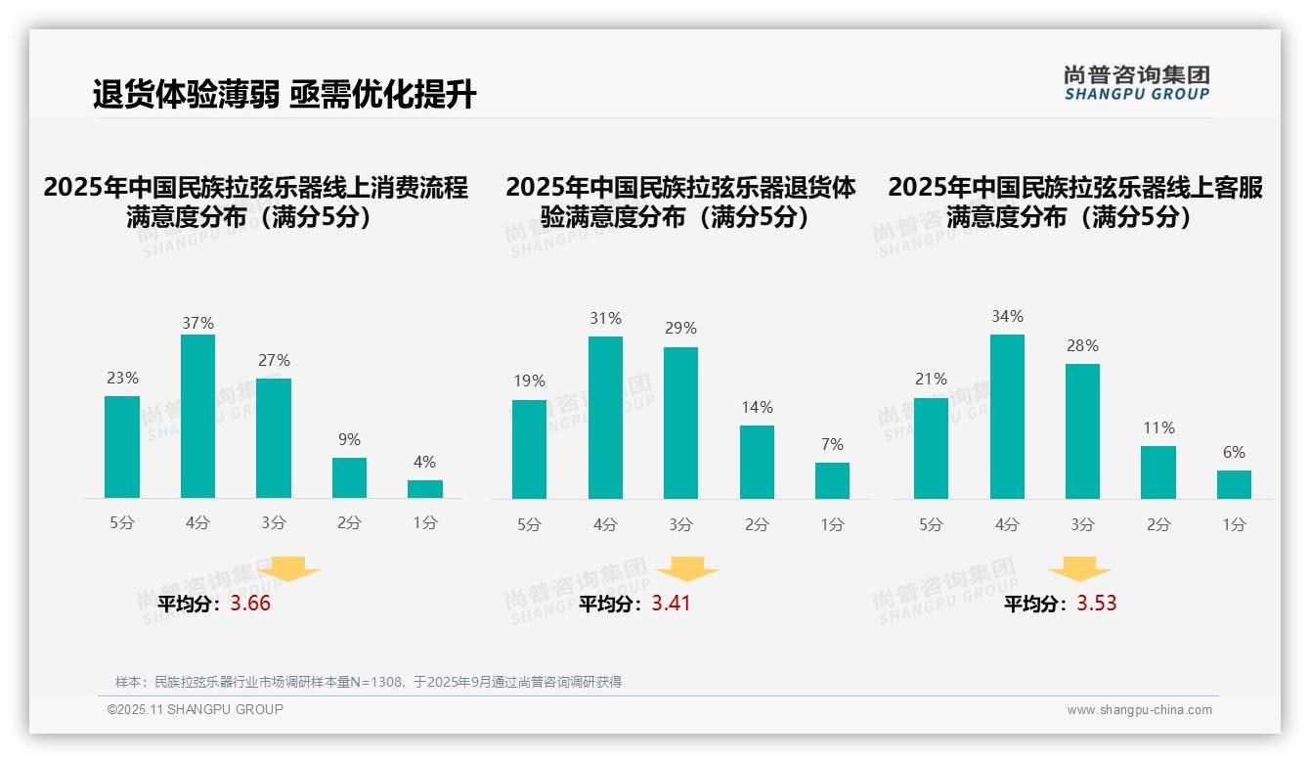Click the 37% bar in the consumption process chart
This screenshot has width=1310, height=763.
click(198, 417)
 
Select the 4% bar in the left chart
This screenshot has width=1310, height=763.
click(425, 489)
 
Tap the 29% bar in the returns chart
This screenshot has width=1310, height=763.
click(680, 423)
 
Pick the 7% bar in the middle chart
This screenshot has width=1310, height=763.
click(832, 480)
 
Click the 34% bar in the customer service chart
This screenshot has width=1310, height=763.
click(1007, 417)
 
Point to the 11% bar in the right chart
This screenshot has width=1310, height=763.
click(1158, 472)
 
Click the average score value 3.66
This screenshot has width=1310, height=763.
click(250, 604)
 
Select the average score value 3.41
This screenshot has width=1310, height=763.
click(671, 604)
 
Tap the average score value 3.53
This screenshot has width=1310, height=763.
click(1097, 604)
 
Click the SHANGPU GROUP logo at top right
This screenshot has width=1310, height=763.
click(1137, 83)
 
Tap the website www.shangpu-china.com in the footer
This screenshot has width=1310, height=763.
click(1139, 710)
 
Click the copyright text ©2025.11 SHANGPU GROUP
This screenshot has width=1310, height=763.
click(196, 709)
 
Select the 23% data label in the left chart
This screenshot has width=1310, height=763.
click(122, 379)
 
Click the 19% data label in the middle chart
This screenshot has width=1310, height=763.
click(529, 381)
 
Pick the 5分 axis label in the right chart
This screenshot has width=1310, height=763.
click(931, 525)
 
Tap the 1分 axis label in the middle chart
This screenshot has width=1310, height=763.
click(832, 525)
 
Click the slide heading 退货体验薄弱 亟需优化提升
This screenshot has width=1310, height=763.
click(284, 95)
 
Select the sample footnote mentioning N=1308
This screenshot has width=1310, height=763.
click(369, 682)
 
